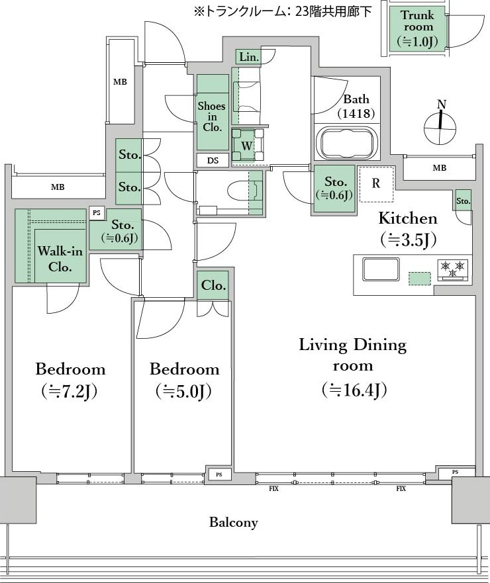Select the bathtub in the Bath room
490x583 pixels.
[348, 144]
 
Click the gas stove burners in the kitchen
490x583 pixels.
[453, 269]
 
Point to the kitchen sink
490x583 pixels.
[381, 269]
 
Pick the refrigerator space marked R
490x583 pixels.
[376, 184]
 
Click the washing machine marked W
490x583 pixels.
[247, 145]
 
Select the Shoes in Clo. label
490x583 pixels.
[212, 116]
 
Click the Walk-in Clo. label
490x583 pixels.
[60, 259]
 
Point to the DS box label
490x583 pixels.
[213, 161]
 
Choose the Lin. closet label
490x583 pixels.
[249, 57]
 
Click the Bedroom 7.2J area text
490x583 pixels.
[70, 380]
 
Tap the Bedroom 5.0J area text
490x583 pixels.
[185, 380]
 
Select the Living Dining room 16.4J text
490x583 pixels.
[353, 367]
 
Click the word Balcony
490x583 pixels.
[233, 522]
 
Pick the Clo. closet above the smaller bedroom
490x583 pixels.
[213, 285]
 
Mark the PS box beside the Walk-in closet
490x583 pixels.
[97, 213]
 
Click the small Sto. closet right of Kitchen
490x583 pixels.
[464, 201]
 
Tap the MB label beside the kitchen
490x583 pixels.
[440, 168]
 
